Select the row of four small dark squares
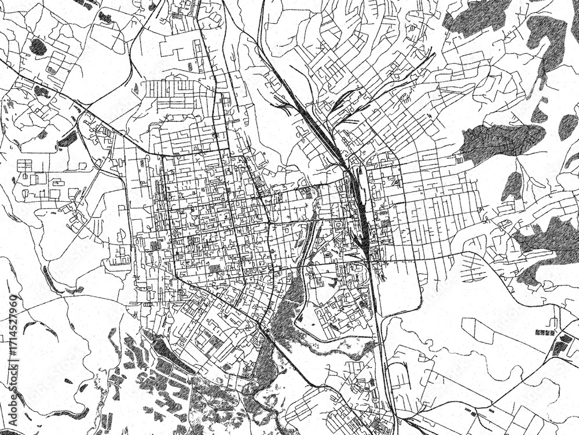[x=545, y=332]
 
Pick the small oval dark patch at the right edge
[x=567, y=127]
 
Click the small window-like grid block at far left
[x=25, y=165]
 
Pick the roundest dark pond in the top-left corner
[x=38, y=46]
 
